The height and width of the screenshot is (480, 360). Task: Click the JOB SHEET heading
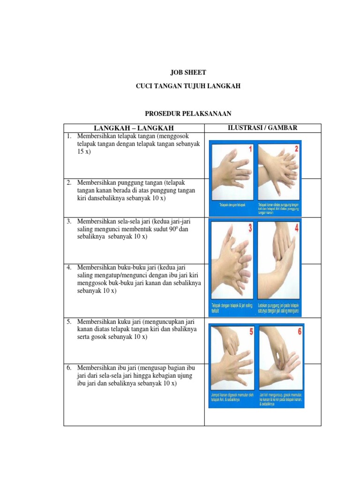pyautogui.click(x=187, y=73)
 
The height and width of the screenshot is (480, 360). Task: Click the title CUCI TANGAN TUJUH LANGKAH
pyautogui.click(x=187, y=87)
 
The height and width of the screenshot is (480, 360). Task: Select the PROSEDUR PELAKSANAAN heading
pyautogui.click(x=187, y=114)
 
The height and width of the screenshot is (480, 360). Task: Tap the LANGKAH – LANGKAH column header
pyautogui.click(x=134, y=128)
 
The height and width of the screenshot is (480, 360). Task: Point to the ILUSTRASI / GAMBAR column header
pyautogui.click(x=262, y=127)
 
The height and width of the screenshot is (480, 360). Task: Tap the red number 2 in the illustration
pyautogui.click(x=296, y=150)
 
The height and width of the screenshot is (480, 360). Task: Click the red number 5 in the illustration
pyautogui.click(x=251, y=332)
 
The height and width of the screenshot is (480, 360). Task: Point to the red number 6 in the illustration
pyautogui.click(x=299, y=332)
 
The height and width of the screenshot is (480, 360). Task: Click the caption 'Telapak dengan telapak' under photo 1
pyautogui.click(x=232, y=205)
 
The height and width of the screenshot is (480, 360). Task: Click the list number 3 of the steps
pyautogui.click(x=68, y=221)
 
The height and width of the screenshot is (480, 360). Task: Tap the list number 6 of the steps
pyautogui.click(x=68, y=367)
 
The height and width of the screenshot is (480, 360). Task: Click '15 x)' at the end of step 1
pyautogui.click(x=84, y=152)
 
